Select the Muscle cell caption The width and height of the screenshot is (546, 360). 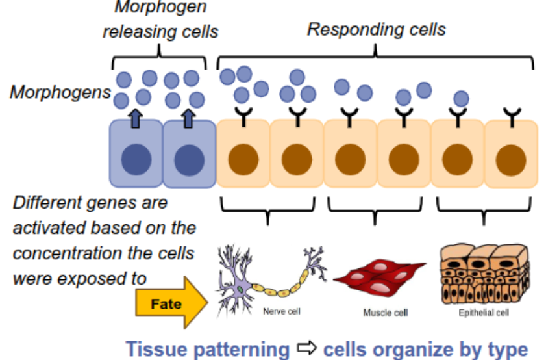pos(386,313)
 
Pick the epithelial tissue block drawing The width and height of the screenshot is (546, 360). pos(484,273)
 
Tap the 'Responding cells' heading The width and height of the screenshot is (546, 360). pos(377,29)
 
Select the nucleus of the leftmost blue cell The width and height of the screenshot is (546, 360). pos(136,159)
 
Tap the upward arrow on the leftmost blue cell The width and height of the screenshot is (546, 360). pos(135,118)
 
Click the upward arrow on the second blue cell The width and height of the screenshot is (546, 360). pos(189,118)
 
